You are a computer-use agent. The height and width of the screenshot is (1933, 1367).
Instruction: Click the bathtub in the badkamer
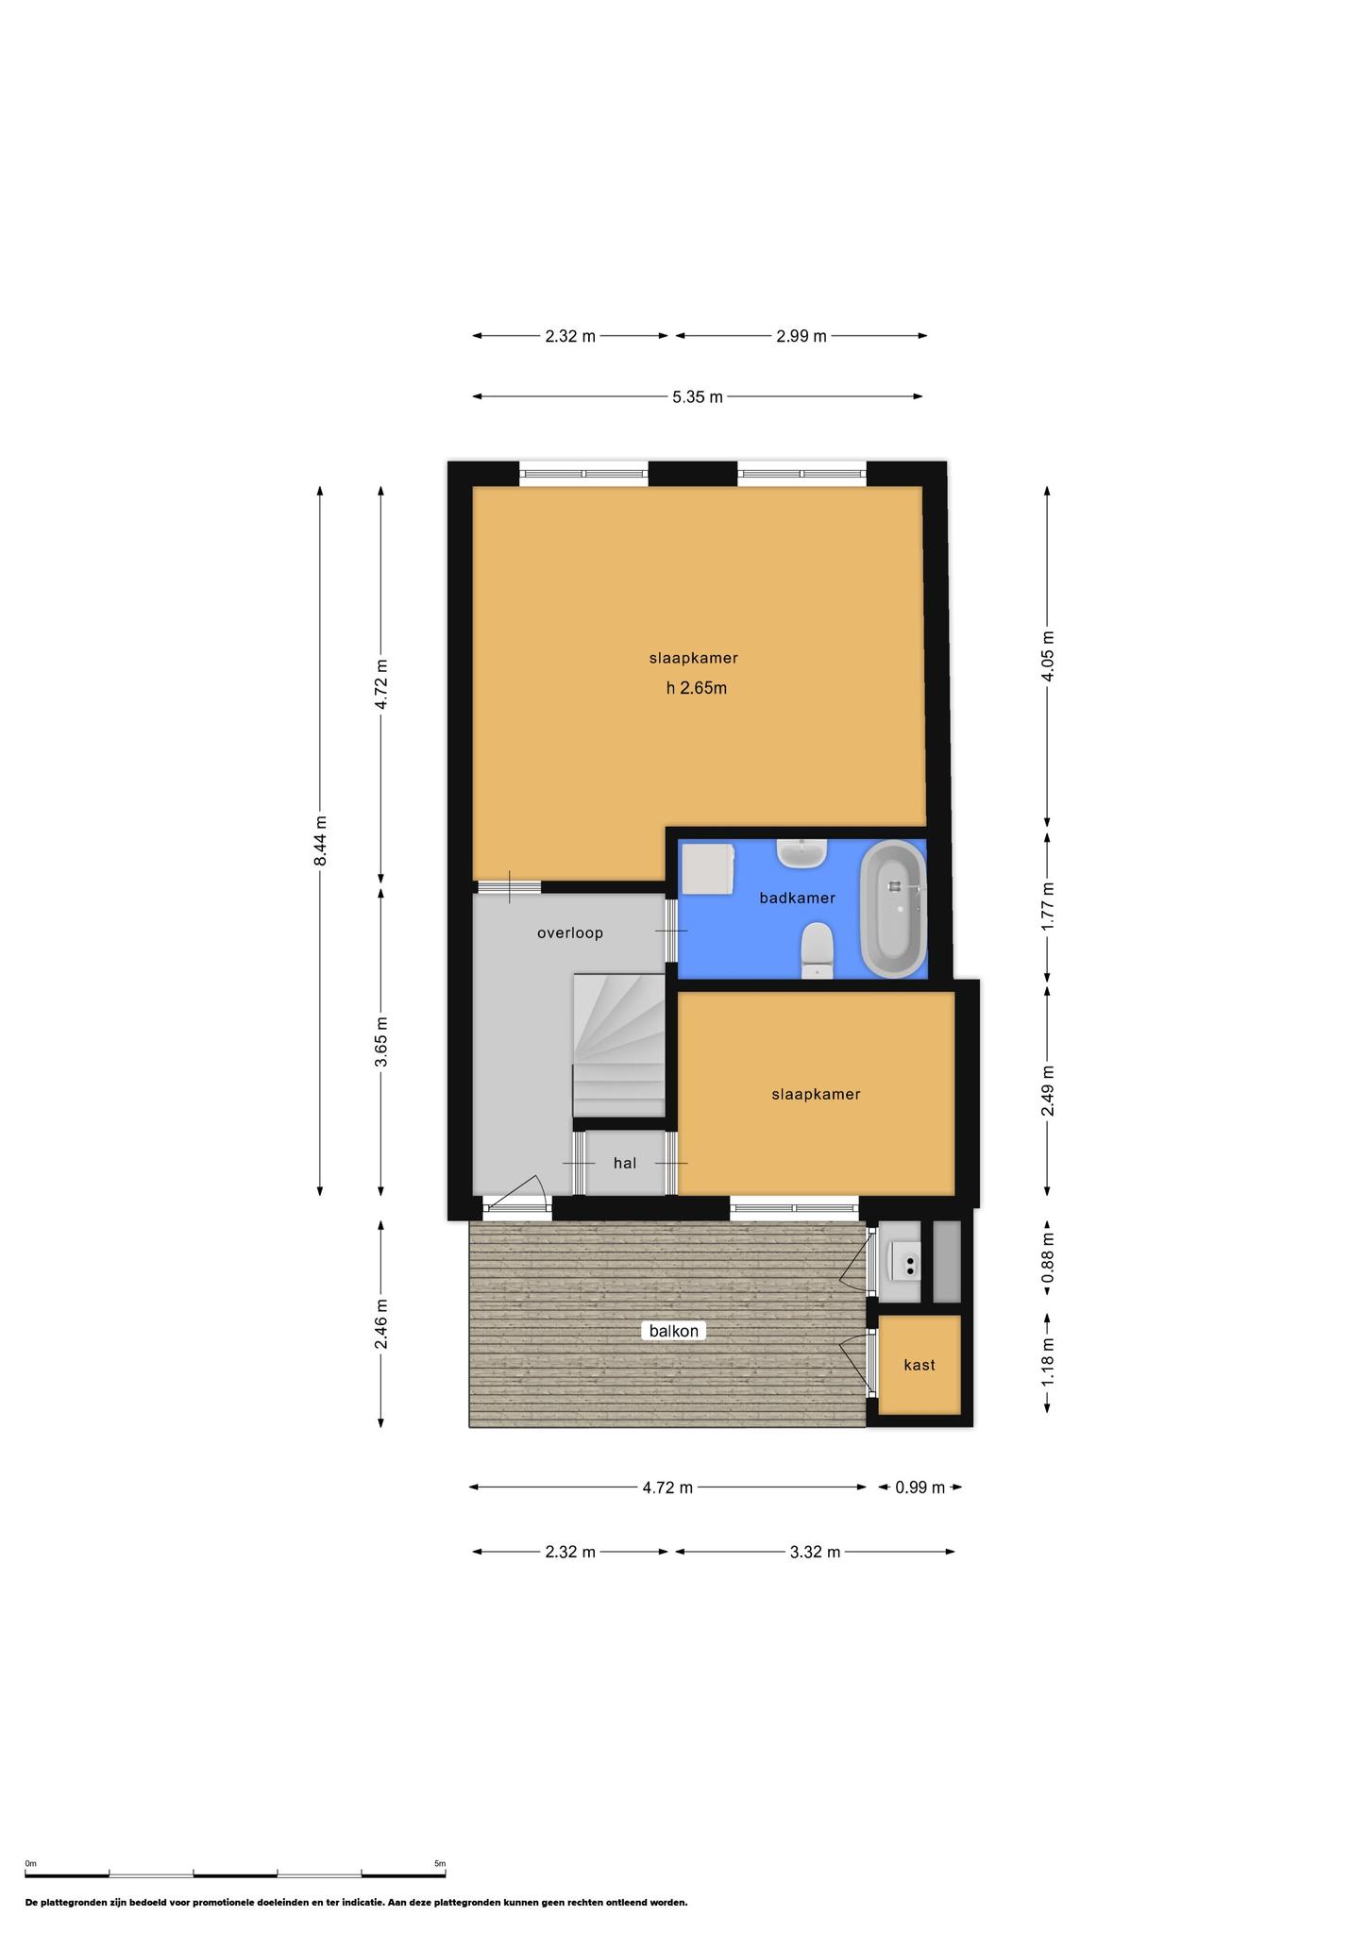(x=894, y=908)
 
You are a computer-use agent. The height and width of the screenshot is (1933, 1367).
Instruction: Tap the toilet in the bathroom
(x=817, y=950)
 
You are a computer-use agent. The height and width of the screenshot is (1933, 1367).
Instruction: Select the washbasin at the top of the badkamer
(x=802, y=852)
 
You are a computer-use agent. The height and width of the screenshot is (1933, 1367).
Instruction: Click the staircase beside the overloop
(x=619, y=1046)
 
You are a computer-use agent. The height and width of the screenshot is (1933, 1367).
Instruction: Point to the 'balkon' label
(x=674, y=1331)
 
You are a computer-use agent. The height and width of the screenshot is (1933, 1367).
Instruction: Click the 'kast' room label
(x=920, y=1365)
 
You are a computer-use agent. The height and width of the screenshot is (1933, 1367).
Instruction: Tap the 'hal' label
(x=625, y=1163)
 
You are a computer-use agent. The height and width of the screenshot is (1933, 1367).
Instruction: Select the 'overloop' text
(x=570, y=933)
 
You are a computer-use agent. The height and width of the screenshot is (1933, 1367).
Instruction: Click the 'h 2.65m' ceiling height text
(x=697, y=688)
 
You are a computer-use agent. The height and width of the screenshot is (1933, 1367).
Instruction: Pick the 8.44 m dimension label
(x=321, y=840)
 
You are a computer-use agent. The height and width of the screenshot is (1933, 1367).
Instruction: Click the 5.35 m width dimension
(x=698, y=397)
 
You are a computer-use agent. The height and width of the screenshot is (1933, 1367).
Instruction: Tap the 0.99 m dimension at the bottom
(x=920, y=1488)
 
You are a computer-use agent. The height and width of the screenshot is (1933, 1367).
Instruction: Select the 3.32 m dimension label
(x=815, y=1552)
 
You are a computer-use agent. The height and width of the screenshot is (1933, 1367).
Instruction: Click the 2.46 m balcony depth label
(x=381, y=1324)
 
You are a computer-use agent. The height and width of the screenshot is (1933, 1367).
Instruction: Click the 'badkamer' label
(x=798, y=899)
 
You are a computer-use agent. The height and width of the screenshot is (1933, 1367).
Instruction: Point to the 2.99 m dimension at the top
(x=802, y=336)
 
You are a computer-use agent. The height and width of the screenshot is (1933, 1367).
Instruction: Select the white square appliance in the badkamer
(x=708, y=868)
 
